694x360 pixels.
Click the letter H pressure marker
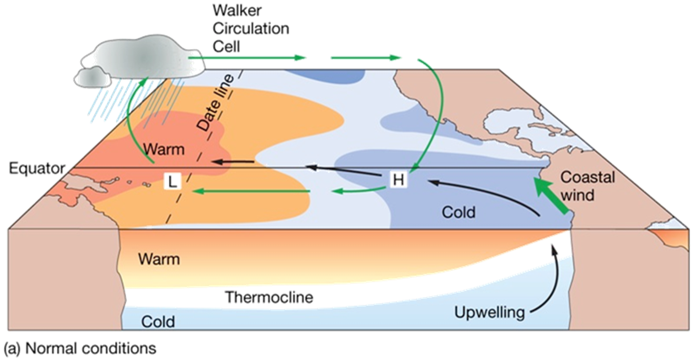click(398, 180)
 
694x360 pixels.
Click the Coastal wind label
click(588, 186)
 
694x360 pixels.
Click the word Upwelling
click(489, 313)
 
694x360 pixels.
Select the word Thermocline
click(269, 297)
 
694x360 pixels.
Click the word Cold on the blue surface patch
click(458, 212)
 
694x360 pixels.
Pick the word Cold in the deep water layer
click(158, 322)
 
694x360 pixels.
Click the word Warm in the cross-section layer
click(159, 259)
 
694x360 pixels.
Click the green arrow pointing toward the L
click(252, 191)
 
